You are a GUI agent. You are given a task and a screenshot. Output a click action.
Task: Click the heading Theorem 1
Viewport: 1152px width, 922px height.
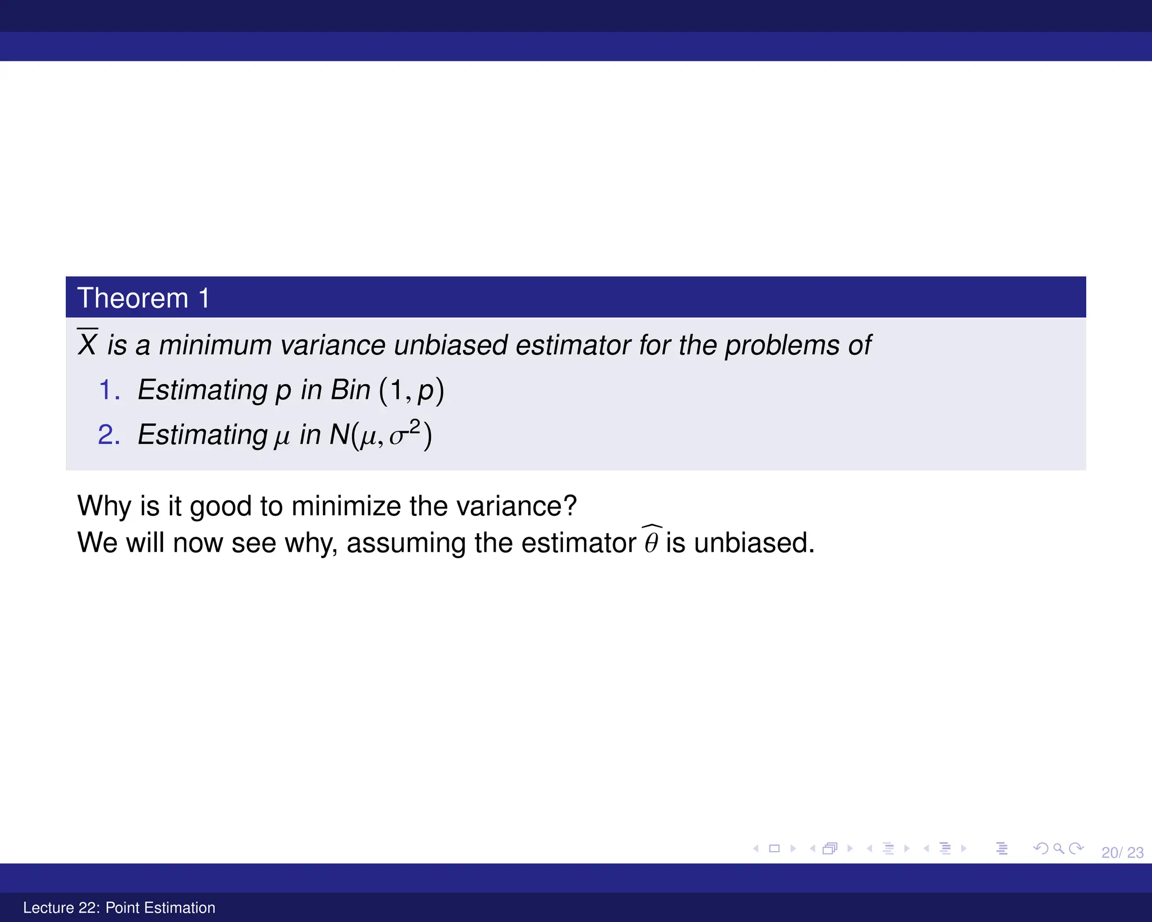143,298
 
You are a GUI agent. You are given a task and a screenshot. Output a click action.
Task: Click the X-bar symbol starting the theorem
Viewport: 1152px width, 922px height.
88,344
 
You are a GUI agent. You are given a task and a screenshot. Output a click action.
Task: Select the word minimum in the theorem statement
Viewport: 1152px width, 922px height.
215,345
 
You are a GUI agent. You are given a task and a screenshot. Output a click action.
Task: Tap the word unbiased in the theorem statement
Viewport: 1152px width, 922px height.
451,345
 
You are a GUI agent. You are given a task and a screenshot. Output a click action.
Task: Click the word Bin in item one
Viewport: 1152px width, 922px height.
350,390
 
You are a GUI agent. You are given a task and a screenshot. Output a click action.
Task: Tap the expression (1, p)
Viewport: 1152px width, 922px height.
412,390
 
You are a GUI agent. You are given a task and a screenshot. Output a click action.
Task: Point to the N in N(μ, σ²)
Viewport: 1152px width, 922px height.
339,434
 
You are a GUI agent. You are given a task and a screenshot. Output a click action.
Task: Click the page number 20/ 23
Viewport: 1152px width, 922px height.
1122,853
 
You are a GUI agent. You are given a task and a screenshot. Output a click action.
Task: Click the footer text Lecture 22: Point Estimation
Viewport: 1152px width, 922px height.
119,907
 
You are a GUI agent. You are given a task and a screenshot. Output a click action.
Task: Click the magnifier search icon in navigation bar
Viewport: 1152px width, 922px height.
1058,848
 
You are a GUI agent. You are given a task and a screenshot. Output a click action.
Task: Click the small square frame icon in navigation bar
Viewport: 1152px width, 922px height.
774,848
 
